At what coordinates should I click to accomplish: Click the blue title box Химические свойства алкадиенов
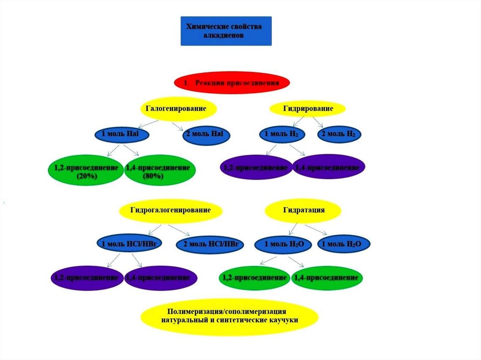[x=226, y=31]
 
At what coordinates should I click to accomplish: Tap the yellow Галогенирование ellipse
[x=179, y=108]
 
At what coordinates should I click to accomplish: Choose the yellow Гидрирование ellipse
[x=308, y=109]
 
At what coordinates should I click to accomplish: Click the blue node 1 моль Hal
[x=122, y=135]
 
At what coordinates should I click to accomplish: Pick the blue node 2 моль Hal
[x=206, y=135]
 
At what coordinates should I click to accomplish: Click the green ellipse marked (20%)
[x=85, y=172]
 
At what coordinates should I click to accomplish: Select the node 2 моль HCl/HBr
[x=210, y=244]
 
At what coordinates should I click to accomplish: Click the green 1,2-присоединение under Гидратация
[x=254, y=278]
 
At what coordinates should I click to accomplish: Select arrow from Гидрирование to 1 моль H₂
[x=291, y=122]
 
